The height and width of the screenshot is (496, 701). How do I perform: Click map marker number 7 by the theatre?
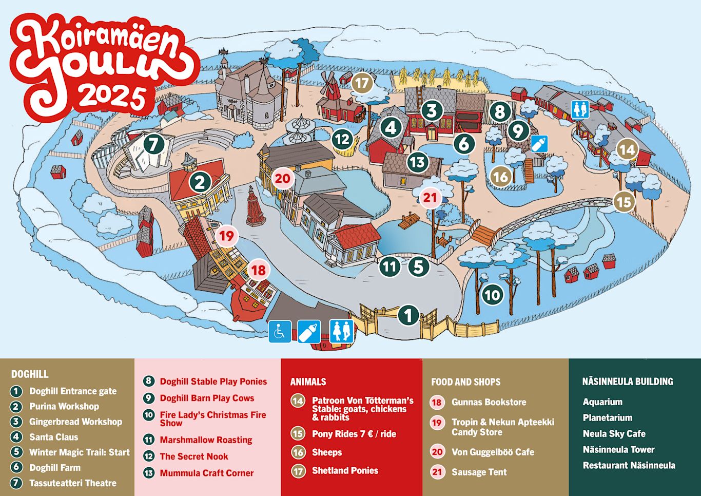pyautogui.click(x=153, y=144)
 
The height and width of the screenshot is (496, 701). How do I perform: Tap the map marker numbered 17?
pyautogui.click(x=362, y=83)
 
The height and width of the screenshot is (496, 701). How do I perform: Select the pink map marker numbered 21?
pyautogui.click(x=430, y=197)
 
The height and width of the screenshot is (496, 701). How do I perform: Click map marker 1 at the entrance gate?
pyautogui.click(x=408, y=315)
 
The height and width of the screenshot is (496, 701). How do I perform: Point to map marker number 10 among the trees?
pyautogui.click(x=492, y=295)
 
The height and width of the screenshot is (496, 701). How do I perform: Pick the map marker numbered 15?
pyautogui.click(x=624, y=202)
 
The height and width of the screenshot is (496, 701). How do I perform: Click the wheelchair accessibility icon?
pyautogui.click(x=280, y=331)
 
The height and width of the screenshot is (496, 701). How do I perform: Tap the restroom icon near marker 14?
pyautogui.click(x=580, y=109)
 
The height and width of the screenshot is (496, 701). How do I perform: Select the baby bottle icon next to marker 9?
pyautogui.click(x=539, y=144)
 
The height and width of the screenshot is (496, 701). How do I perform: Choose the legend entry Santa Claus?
pyautogui.click(x=53, y=437)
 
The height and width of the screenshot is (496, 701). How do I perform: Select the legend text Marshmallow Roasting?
pyautogui.click(x=206, y=440)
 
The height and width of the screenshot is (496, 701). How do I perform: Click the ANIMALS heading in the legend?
pyautogui.click(x=308, y=381)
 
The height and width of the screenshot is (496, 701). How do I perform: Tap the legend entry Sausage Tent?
pyautogui.click(x=479, y=472)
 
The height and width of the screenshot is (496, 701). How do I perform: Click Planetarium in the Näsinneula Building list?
pyautogui.click(x=607, y=417)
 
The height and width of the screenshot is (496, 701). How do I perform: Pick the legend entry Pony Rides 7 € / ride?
pyautogui.click(x=354, y=434)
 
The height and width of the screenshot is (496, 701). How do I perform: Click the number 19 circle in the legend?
pyautogui.click(x=437, y=423)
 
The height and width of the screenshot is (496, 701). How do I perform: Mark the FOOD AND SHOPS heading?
pyautogui.click(x=465, y=381)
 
